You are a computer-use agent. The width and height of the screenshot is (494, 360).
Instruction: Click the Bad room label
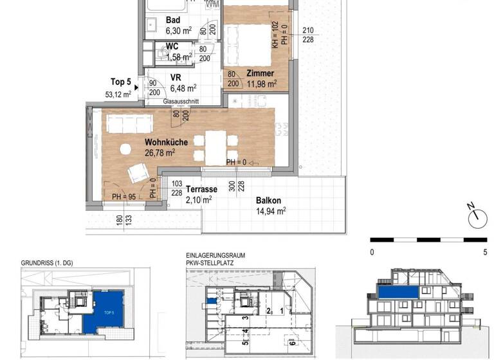click(x=173, y=20)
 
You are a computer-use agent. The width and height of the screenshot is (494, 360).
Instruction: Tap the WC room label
click(x=172, y=47)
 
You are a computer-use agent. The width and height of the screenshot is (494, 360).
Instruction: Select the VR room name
click(x=176, y=78)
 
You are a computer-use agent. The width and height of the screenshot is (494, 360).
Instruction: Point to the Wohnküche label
click(x=166, y=142)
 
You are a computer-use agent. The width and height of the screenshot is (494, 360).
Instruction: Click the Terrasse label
click(x=202, y=190)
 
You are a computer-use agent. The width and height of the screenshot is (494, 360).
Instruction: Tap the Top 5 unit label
click(x=120, y=82)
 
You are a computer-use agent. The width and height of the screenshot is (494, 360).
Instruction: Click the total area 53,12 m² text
click(x=118, y=94)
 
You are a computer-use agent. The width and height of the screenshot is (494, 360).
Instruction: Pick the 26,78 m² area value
click(x=161, y=153)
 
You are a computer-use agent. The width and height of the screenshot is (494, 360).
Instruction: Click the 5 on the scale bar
click(x=484, y=253)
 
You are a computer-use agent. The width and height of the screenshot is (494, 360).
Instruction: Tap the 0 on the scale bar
click(x=372, y=253)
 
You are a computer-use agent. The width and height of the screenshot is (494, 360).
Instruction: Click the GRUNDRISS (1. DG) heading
click(x=46, y=263)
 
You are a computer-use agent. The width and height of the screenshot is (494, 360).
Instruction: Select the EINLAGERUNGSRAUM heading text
click(x=215, y=256)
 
